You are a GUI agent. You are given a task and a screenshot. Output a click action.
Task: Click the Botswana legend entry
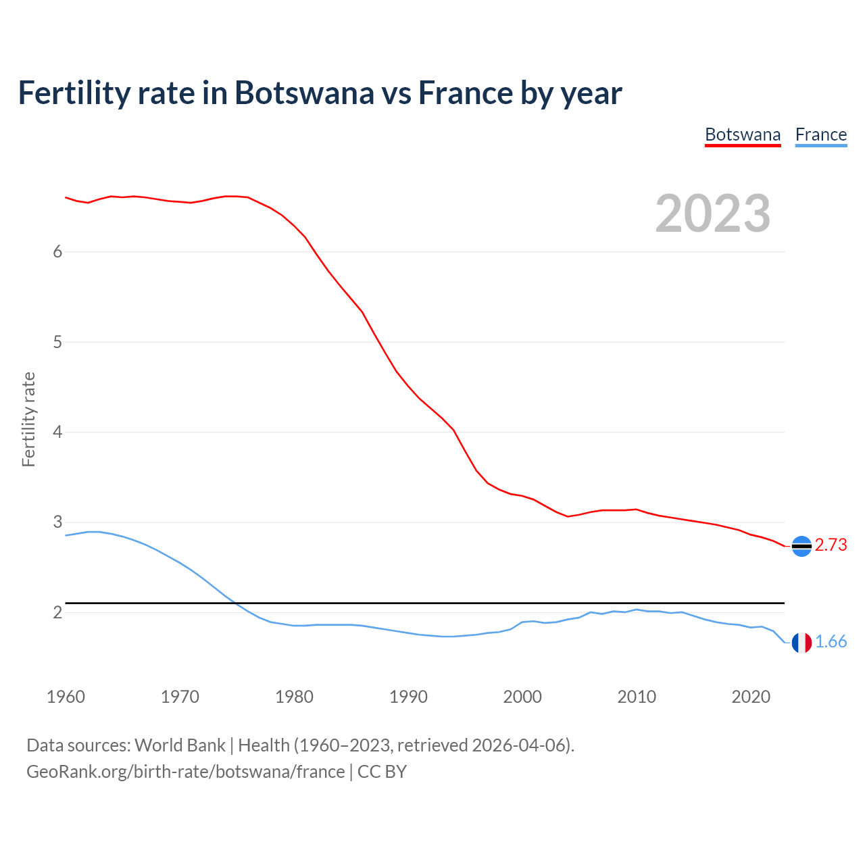tap(743, 134)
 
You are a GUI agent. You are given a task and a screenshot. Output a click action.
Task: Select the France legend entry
tap(821, 134)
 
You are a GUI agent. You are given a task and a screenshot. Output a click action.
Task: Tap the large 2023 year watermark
tap(713, 214)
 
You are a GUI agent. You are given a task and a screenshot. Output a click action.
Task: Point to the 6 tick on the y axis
tap(57, 252)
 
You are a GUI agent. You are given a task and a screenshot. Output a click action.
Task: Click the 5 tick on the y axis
tap(57, 342)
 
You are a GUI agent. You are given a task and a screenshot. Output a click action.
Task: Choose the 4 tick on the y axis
tap(57, 432)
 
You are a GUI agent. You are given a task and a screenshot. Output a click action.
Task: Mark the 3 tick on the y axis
tap(57, 522)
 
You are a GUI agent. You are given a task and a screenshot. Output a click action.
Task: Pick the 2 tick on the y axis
tap(57, 612)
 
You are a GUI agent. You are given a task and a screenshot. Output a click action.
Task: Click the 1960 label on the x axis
tap(66, 697)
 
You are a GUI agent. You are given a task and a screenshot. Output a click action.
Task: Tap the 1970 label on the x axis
tap(180, 697)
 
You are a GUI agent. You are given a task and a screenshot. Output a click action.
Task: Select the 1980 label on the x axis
tap(294, 697)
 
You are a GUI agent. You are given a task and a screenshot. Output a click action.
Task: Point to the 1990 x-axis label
tap(408, 697)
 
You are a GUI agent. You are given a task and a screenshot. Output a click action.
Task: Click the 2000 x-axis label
tap(522, 697)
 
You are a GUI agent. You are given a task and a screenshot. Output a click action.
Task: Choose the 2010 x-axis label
tap(637, 697)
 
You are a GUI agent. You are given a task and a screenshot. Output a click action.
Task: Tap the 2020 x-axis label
tap(751, 697)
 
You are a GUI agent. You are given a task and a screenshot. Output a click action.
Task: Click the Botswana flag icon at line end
tap(801, 546)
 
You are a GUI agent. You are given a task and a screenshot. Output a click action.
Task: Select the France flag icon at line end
tap(801, 643)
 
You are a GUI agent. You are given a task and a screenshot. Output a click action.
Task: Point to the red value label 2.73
tap(831, 545)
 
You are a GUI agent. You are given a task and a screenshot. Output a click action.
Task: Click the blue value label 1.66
tap(831, 642)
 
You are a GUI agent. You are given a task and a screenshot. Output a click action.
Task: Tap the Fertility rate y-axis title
tap(28, 419)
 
